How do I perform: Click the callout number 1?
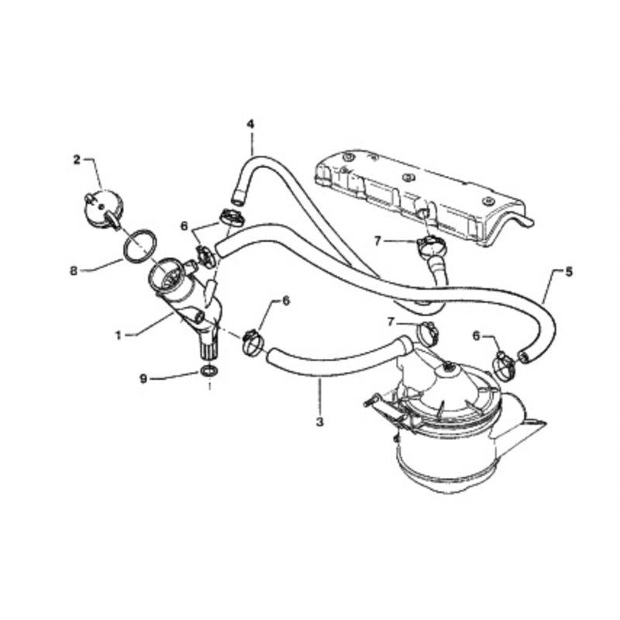coord(119,336)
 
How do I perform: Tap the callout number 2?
coord(77,160)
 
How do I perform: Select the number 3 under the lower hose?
coord(318,423)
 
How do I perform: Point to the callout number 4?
coord(250,124)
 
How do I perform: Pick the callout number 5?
coord(570,272)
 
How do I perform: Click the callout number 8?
coord(74,270)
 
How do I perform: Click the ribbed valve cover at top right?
coord(418,194)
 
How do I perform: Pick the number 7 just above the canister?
coord(392,321)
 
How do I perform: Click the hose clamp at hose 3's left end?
coord(251,341)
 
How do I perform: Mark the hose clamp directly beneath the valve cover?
coord(427,246)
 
